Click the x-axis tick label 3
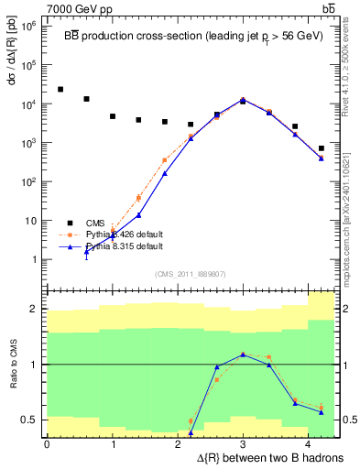click(243, 444)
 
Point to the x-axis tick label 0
click(47, 444)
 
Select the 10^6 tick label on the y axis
click(27, 27)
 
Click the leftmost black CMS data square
click(60, 89)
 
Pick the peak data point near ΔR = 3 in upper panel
click(243, 100)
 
